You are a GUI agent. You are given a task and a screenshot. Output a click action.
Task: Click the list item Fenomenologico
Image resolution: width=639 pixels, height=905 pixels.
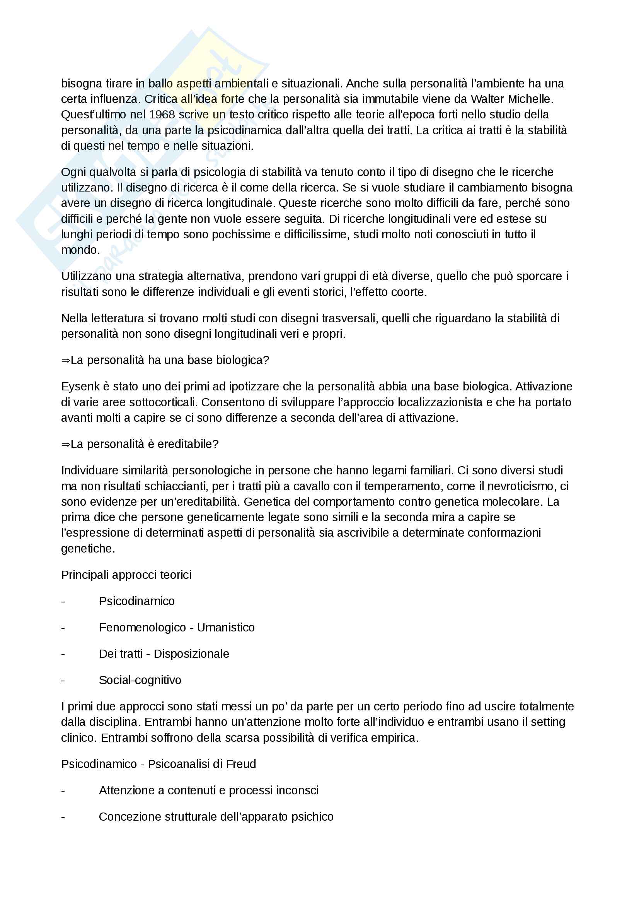pyautogui.click(x=142, y=628)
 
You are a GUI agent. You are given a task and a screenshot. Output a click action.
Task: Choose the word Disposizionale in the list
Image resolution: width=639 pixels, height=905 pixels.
pyautogui.click(x=191, y=654)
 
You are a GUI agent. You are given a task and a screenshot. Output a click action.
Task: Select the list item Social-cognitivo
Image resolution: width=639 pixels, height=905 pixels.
pyautogui.click(x=140, y=680)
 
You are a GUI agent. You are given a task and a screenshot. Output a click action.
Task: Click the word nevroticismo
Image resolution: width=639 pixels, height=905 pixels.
pyautogui.click(x=521, y=486)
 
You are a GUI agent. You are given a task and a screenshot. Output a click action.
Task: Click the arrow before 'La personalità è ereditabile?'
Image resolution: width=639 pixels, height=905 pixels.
pyautogui.click(x=65, y=445)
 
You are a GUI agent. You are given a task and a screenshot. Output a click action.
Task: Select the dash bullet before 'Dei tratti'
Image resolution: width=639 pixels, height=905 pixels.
pyautogui.click(x=63, y=654)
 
